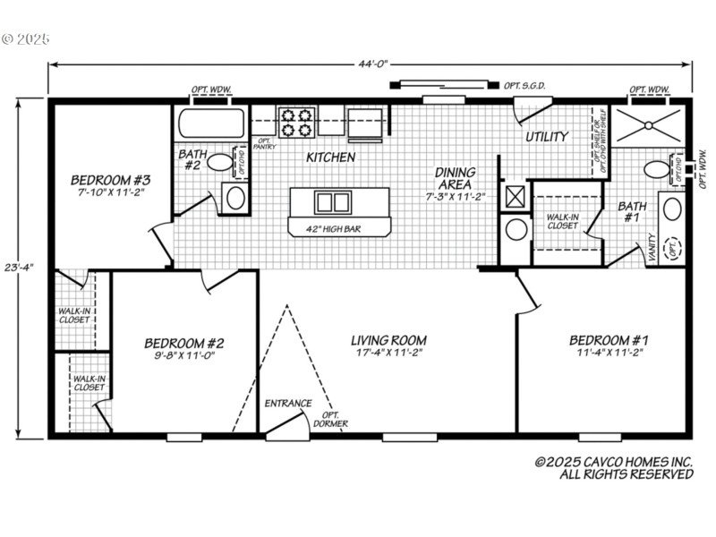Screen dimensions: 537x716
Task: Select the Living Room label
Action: tap(388, 340)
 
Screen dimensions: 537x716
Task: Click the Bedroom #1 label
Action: tap(609, 340)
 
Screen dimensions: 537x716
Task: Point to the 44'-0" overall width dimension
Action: tap(370, 64)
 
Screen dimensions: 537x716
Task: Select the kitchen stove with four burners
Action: tap(297, 123)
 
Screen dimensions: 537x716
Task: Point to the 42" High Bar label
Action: tap(338, 229)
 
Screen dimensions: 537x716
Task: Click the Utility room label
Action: tap(546, 137)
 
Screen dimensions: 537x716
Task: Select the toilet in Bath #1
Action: tap(658, 169)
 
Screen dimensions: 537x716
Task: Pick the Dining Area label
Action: tap(455, 178)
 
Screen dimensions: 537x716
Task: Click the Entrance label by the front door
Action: tap(288, 404)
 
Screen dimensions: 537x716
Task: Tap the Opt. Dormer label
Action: tap(331, 419)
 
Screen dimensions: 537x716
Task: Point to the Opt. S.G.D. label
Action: tap(524, 86)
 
